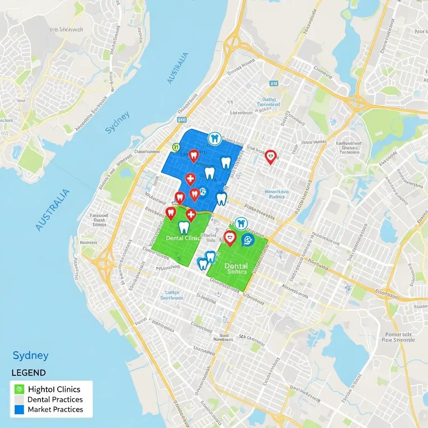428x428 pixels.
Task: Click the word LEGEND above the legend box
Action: (28, 372)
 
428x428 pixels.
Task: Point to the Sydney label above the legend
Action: (31, 356)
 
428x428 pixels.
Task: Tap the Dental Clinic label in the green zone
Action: (183, 237)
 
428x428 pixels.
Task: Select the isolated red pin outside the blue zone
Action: (271, 157)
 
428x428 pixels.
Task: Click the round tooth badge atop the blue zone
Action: (214, 138)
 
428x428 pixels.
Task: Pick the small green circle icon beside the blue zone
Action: (176, 146)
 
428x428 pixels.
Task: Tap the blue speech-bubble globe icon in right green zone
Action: (247, 240)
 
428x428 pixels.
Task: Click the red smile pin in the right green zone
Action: (230, 237)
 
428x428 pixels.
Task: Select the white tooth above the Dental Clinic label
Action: (184, 227)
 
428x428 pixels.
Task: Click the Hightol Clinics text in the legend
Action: (54, 389)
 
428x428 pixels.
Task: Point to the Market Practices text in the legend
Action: (55, 410)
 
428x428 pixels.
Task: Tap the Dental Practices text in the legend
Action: (55, 400)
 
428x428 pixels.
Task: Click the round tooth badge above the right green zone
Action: (240, 223)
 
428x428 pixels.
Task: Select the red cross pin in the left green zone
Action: (191, 215)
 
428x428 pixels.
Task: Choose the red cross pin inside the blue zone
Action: (190, 179)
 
